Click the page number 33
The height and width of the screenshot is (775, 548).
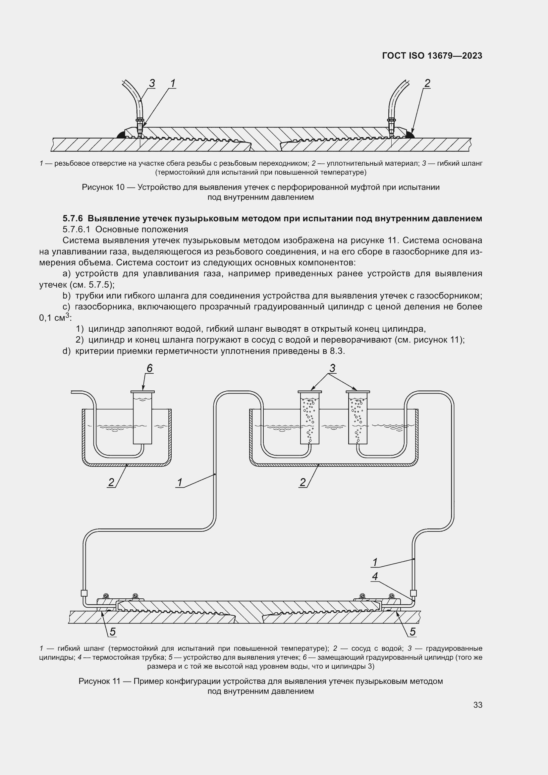point(477,705)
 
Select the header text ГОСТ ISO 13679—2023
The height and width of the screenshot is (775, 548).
point(432,56)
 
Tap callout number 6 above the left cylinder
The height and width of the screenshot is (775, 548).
point(149,368)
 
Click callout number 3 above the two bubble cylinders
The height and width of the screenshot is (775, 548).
point(332,368)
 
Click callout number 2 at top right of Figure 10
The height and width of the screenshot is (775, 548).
point(427,83)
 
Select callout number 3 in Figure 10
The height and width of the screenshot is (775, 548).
point(152,83)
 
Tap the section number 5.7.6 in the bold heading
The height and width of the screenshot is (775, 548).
point(73,218)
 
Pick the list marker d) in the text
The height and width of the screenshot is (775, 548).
point(67,351)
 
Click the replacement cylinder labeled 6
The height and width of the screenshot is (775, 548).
point(143,418)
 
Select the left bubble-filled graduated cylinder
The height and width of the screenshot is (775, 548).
point(310,418)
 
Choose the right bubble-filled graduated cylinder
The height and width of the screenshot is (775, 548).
point(358,418)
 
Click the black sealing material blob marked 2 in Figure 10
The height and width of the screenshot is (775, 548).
point(410,135)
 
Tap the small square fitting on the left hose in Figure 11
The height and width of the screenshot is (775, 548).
point(84,593)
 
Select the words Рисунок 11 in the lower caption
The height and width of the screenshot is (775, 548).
point(99,681)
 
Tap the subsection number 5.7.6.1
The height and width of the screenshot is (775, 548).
point(76,230)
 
